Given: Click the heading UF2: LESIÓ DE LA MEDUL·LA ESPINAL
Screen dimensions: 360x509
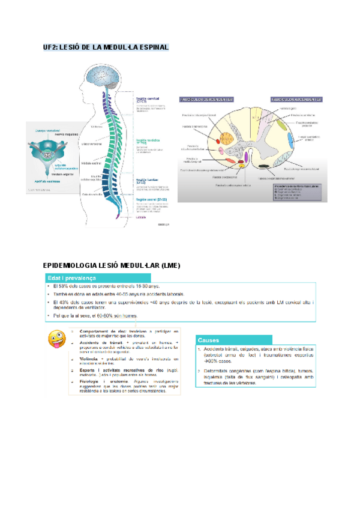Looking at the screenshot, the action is tap(106, 47).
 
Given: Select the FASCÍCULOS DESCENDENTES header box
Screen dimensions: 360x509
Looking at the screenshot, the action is tap(205, 99).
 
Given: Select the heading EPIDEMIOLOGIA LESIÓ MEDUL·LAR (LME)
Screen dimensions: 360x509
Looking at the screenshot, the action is tap(112, 265).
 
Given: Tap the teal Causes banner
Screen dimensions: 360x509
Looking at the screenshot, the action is tap(233, 339).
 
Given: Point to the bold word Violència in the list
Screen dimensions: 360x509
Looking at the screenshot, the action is tap(89, 357).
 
